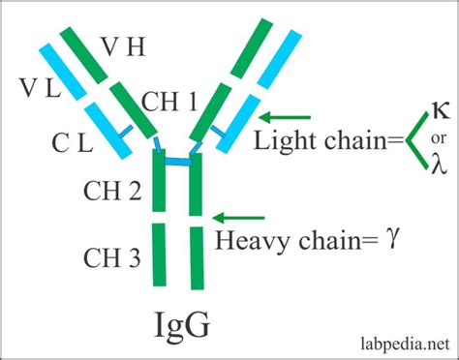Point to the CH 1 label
coord(171,101)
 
